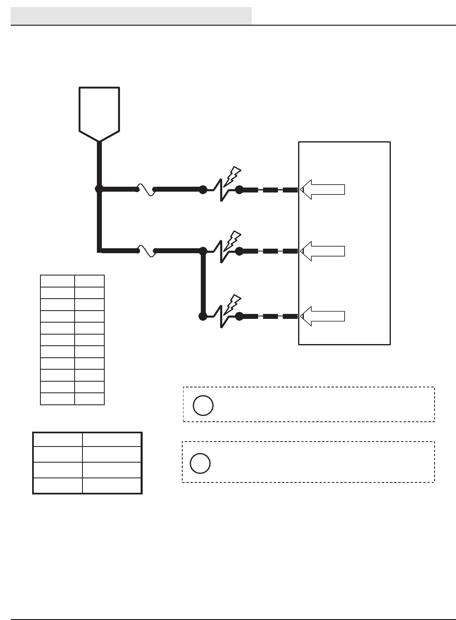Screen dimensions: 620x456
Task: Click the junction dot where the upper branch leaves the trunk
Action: coord(99,189)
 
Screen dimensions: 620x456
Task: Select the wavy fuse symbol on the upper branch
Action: coord(146,189)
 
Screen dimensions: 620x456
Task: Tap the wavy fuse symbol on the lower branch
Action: coord(146,251)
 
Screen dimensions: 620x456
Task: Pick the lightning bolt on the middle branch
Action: coord(233,239)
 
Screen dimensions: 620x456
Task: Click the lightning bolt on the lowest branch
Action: coord(233,303)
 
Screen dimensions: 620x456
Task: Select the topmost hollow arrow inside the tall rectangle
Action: coord(323,190)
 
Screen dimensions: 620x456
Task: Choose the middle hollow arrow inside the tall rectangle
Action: coord(323,251)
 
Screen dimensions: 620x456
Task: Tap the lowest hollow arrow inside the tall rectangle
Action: coord(323,316)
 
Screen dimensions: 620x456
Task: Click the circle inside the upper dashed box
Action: coord(203,405)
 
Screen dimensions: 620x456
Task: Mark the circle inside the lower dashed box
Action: coord(200,463)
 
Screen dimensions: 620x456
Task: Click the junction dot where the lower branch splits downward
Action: coord(203,251)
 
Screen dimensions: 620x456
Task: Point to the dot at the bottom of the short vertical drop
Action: coord(203,316)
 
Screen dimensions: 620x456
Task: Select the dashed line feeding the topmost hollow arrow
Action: coord(270,190)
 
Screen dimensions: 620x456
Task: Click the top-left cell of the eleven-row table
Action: coord(57,281)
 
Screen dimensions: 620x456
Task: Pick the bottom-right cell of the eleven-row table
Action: coord(89,399)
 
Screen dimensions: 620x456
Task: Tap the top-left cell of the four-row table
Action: coord(58,439)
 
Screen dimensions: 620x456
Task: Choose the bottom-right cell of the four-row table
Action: coord(112,486)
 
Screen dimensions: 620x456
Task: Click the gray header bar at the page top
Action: coord(131,16)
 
